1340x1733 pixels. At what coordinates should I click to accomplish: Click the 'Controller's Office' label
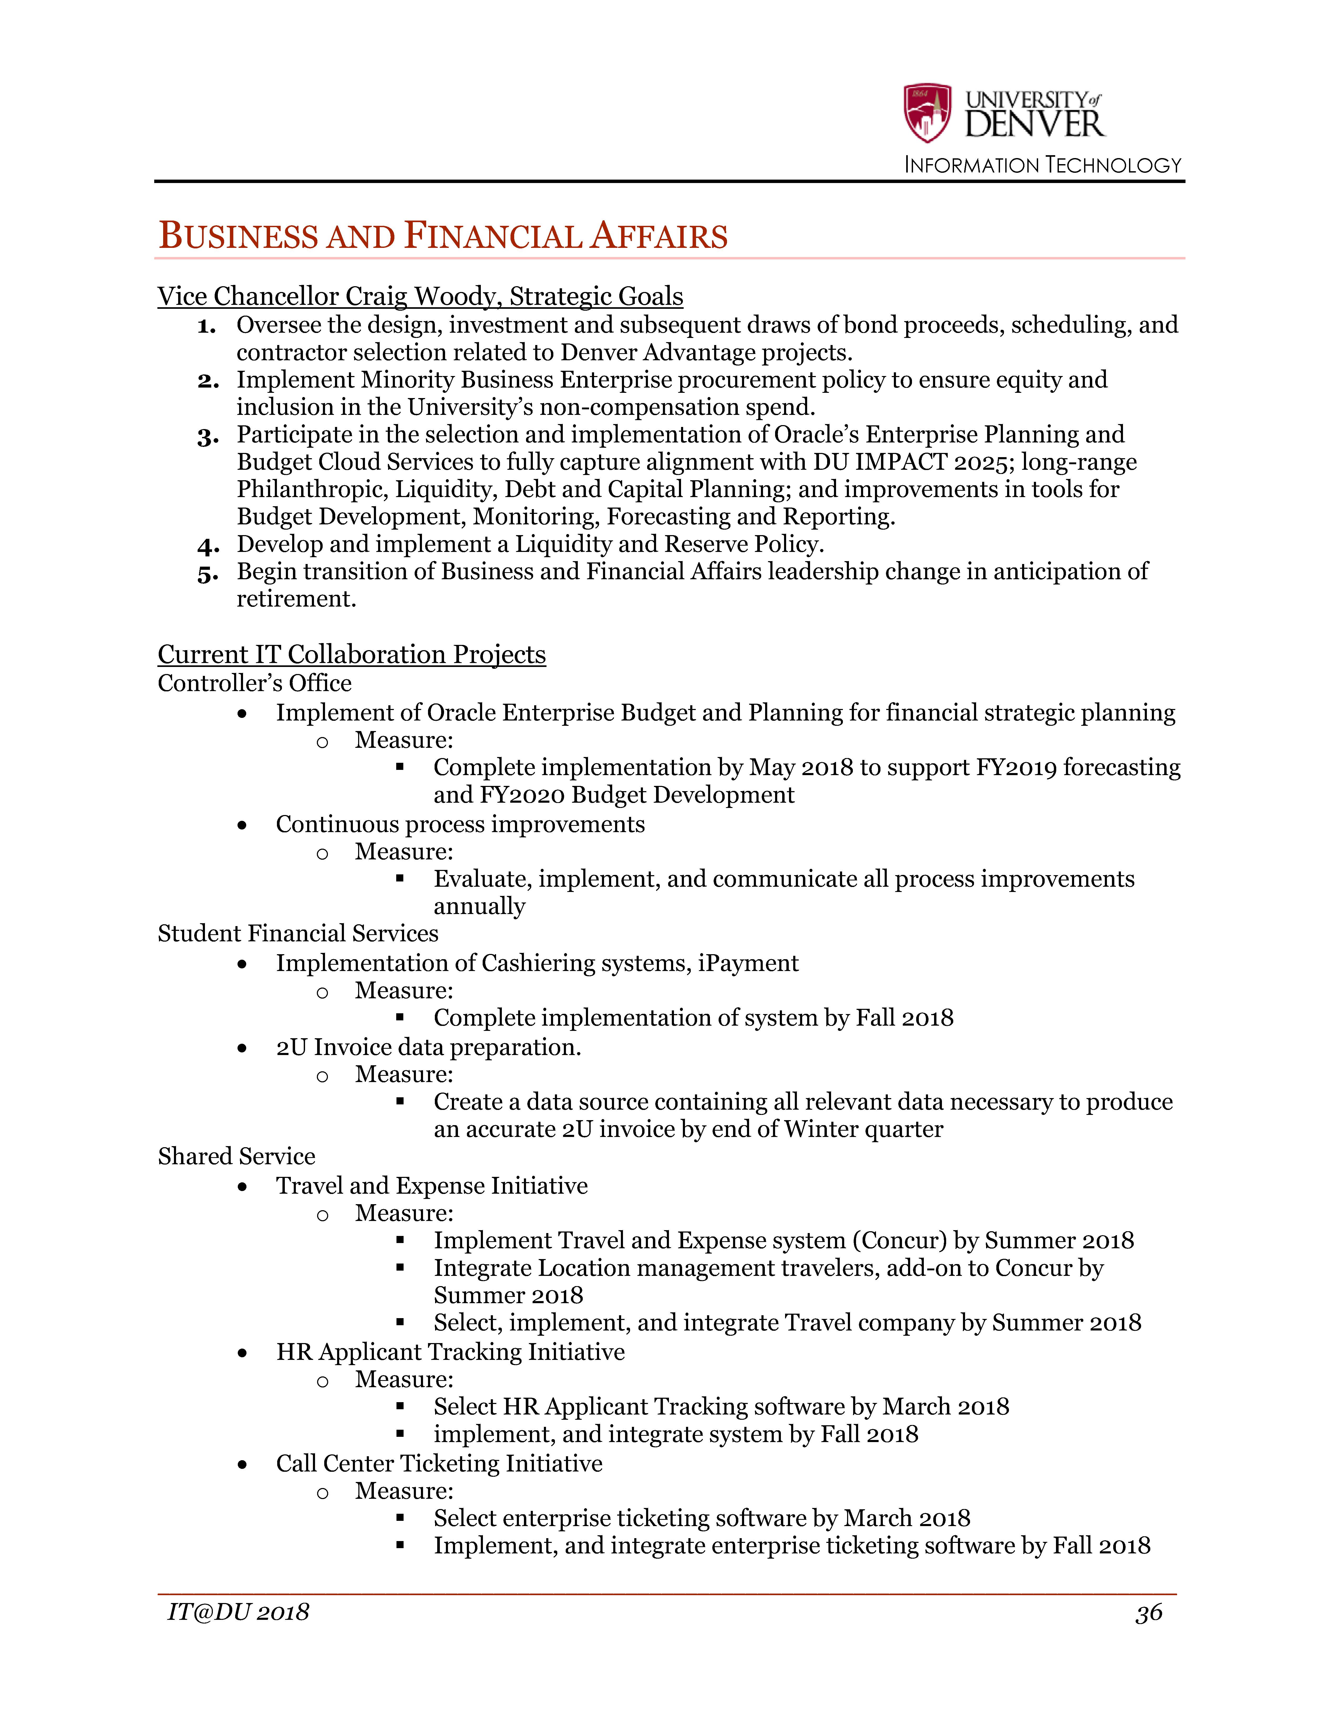click(x=254, y=683)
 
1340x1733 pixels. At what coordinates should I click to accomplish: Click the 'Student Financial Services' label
click(x=298, y=933)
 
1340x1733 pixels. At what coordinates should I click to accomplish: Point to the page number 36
click(x=1149, y=1613)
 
